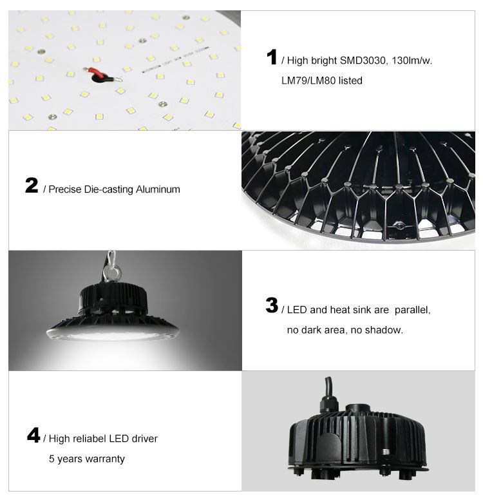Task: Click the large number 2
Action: (x=32, y=186)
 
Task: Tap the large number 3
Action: (x=272, y=306)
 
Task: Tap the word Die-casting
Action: (x=107, y=190)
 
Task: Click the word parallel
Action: (x=412, y=310)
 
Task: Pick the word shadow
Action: (x=384, y=330)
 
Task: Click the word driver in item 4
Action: (x=144, y=439)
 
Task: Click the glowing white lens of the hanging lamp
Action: (x=112, y=335)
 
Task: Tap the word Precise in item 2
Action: (x=64, y=190)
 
